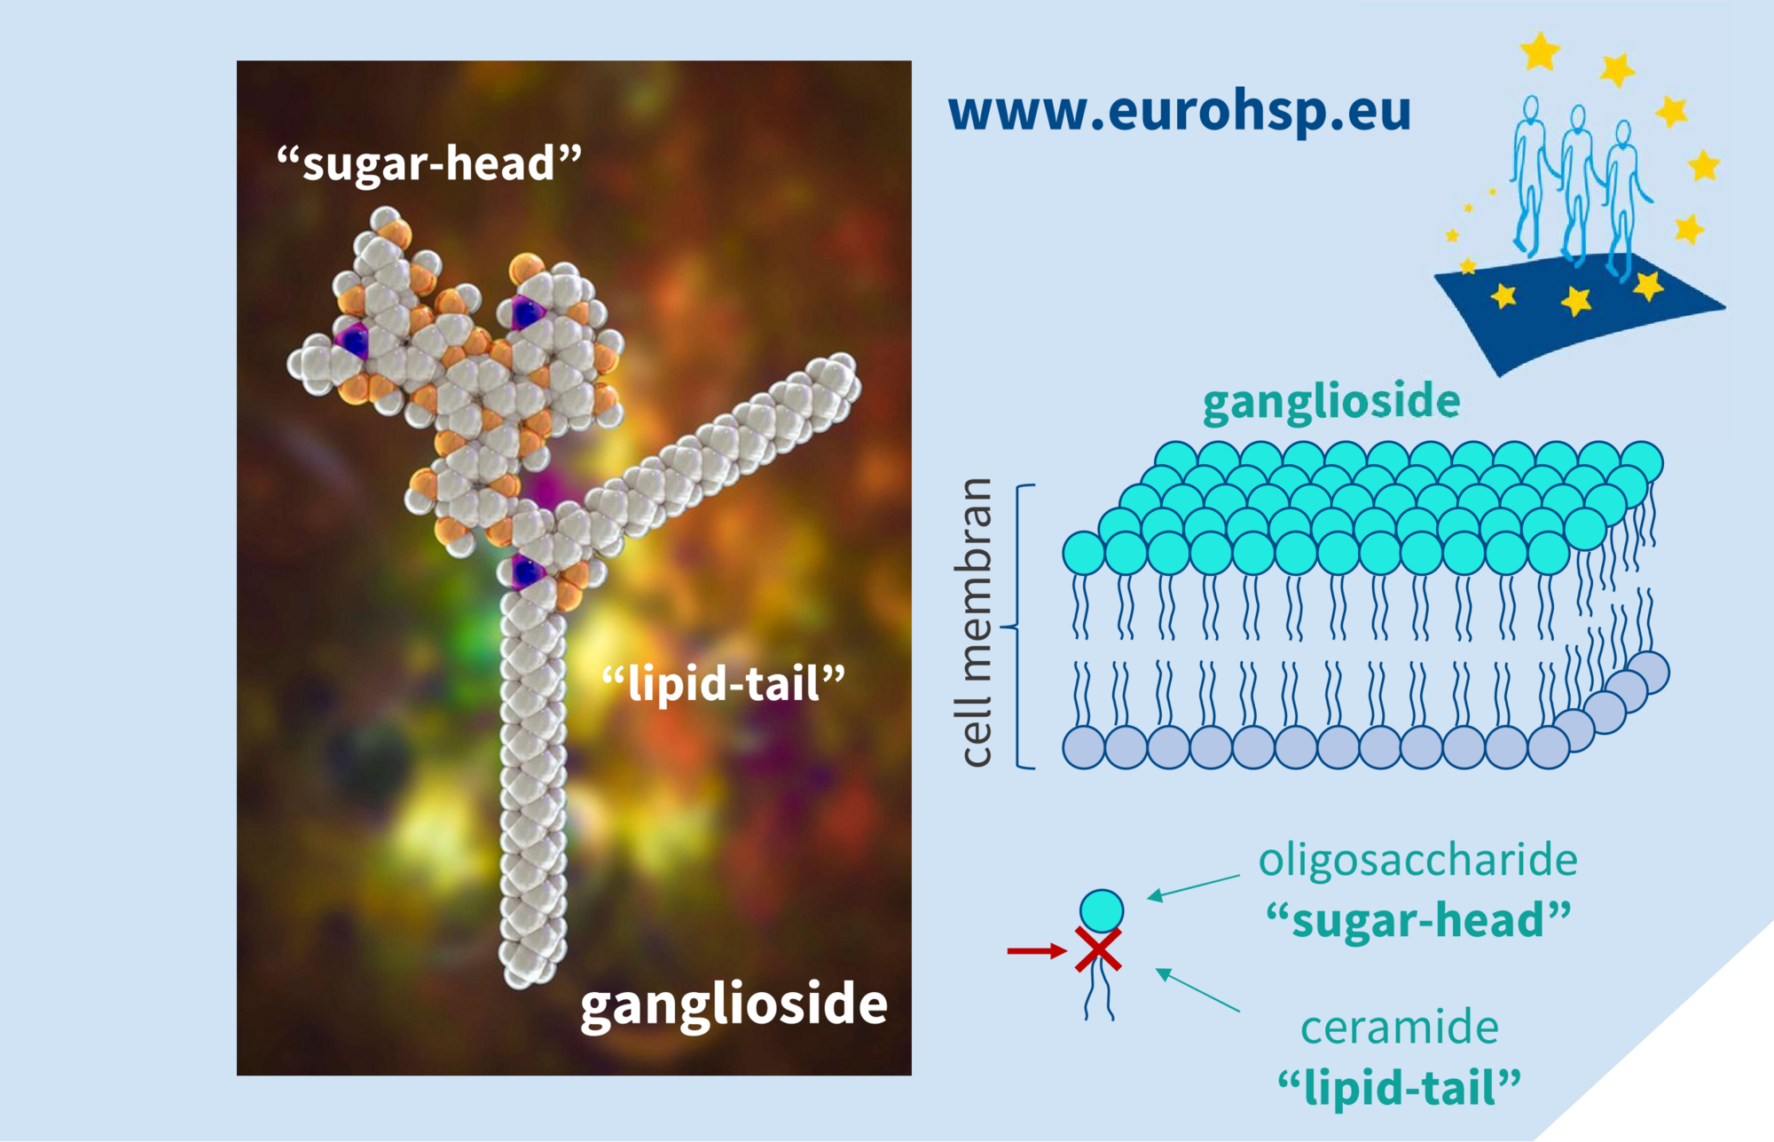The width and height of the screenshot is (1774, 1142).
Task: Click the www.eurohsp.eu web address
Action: click(x=1179, y=112)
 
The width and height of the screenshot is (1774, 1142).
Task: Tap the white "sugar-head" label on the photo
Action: click(x=429, y=163)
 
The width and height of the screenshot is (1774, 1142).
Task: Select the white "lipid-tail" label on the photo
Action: click(x=723, y=684)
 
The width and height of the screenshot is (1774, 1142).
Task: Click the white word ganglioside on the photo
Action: click(x=734, y=1004)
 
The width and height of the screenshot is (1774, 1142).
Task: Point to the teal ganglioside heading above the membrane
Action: click(x=1330, y=402)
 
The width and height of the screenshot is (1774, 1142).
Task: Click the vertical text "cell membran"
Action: click(x=976, y=622)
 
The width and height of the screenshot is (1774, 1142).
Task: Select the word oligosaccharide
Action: click(x=1417, y=860)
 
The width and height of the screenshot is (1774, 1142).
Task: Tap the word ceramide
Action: click(x=1399, y=1028)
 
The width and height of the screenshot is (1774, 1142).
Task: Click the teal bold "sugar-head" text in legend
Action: click(x=1417, y=920)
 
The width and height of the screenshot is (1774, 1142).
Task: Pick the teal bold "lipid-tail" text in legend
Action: click(x=1399, y=1087)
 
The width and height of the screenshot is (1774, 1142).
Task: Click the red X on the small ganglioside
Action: click(x=1098, y=949)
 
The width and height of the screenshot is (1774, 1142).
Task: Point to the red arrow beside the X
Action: click(x=1036, y=951)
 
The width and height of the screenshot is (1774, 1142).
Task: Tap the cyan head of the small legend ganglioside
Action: click(x=1102, y=910)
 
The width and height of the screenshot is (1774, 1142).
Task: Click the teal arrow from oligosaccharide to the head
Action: click(x=1193, y=886)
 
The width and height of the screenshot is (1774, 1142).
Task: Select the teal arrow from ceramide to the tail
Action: click(x=1197, y=990)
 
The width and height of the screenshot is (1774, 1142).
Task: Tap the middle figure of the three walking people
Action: click(x=1576, y=182)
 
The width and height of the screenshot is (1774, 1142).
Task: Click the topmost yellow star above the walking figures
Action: click(x=1540, y=51)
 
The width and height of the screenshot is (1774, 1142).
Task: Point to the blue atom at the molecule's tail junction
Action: click(x=527, y=571)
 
